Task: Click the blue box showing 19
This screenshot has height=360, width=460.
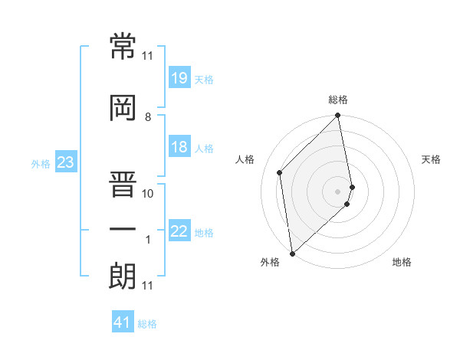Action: click(x=179, y=79)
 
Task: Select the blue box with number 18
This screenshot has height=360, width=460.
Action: click(x=179, y=148)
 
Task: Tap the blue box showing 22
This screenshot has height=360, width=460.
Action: click(x=179, y=232)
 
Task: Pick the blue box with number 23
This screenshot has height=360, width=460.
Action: click(x=65, y=162)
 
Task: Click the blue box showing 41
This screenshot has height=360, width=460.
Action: click(x=123, y=323)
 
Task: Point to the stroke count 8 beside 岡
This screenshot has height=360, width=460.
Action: click(x=148, y=117)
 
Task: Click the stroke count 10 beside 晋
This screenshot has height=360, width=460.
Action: click(x=148, y=194)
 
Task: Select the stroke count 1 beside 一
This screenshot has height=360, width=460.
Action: click(x=148, y=240)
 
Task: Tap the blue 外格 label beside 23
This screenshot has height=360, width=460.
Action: click(x=40, y=163)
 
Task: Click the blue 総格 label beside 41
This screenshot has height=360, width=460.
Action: click(x=147, y=324)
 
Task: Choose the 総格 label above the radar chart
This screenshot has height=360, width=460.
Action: click(x=338, y=100)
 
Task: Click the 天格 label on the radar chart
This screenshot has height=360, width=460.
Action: click(x=431, y=159)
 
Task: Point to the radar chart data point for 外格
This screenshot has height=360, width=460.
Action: click(x=291, y=253)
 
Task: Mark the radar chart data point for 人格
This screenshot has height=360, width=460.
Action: click(x=280, y=172)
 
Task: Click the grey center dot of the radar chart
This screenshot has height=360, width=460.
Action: click(x=338, y=191)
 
